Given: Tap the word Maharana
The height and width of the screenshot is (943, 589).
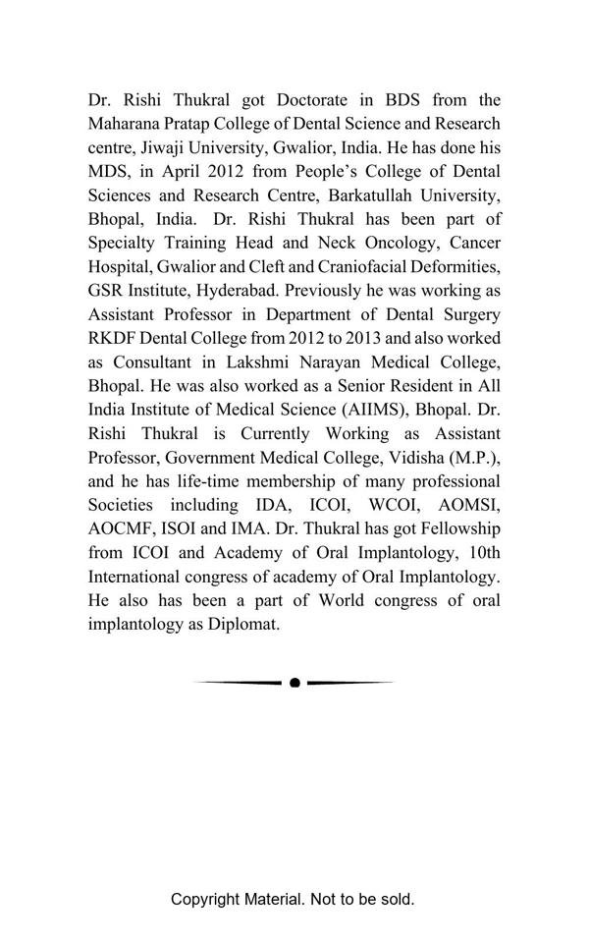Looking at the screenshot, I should (x=126, y=124).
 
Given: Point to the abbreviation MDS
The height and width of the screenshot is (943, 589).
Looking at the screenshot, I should (x=108, y=172).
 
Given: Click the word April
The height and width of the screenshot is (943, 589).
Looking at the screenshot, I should (x=187, y=172).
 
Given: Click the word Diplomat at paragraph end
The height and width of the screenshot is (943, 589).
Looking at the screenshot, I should (x=241, y=624).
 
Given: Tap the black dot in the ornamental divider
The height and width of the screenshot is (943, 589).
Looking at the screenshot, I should (x=294, y=683).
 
